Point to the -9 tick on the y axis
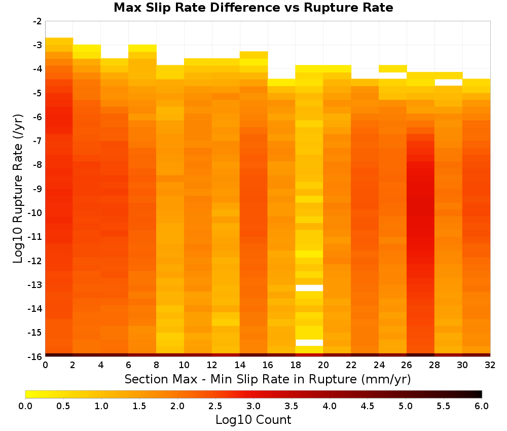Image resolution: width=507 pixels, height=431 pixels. coord(38,189)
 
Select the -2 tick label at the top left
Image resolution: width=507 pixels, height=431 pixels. coord(38,21)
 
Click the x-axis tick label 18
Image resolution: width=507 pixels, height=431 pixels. coord(296,365)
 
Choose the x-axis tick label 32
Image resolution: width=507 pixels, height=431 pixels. coord(490,365)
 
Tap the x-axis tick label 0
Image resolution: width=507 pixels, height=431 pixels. coord(45,365)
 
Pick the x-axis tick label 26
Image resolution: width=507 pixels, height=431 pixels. coord(407,365)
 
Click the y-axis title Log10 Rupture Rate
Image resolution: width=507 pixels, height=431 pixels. coord(18,189)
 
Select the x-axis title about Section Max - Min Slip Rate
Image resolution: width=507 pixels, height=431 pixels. coord(268,379)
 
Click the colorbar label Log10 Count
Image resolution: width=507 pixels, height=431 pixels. coord(253,420)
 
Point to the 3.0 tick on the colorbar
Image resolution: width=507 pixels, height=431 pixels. coord(253,406)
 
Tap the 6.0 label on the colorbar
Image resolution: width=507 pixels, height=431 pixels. coord(482,406)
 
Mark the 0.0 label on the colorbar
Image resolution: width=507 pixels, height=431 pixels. coord(25,406)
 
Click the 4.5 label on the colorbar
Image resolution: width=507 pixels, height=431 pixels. coord(368,406)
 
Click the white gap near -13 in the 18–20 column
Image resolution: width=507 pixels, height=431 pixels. coord(309,288)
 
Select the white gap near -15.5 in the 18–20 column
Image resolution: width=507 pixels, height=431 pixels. coord(309,343)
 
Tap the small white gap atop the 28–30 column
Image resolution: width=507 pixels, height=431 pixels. coord(449,83)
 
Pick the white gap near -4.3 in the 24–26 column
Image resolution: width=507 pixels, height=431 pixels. coord(393,76)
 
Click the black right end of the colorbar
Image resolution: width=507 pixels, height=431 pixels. coord(479,394)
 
